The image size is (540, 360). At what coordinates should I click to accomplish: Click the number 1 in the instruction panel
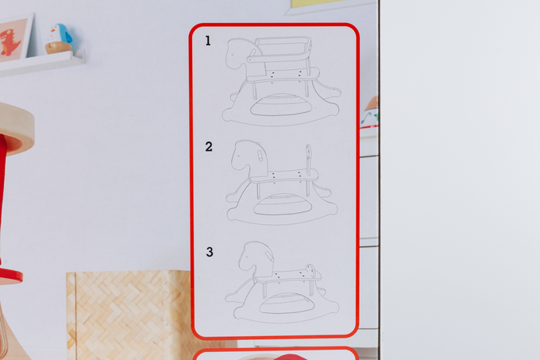click(x=208, y=41)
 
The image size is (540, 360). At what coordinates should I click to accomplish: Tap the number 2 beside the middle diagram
click(x=209, y=146)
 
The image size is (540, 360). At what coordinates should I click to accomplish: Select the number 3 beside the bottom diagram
click(x=210, y=252)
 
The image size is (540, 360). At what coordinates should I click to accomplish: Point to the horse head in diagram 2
click(x=242, y=156)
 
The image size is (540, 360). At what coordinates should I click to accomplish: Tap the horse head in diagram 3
click(x=253, y=257)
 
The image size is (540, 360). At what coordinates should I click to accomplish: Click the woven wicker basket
click(x=127, y=314)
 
